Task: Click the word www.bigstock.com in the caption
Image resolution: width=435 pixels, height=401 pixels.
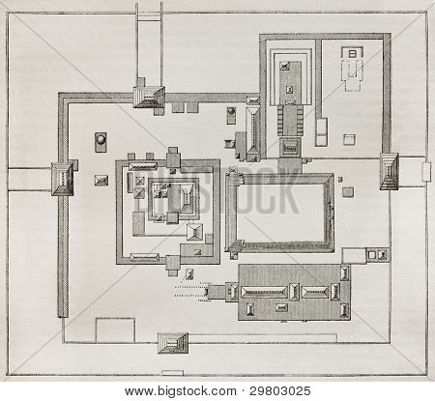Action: click(x=181, y=391)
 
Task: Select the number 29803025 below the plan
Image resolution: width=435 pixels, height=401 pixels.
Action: click(x=280, y=391)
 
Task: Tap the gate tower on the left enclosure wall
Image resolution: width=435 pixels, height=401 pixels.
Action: click(x=63, y=179)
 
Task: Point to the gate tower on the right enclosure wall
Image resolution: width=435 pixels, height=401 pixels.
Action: click(x=390, y=171)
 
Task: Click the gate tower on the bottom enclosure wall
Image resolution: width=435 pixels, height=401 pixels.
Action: click(x=173, y=343)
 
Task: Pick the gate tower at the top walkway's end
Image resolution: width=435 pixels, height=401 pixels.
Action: click(x=149, y=97)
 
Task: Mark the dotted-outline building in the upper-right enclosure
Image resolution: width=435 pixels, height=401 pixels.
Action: click(x=353, y=69)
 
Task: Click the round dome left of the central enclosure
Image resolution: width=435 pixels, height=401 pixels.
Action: click(x=101, y=142)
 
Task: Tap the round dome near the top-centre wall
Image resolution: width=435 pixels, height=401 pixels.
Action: click(x=231, y=115)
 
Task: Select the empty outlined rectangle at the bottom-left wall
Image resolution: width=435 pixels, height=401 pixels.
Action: click(x=115, y=330)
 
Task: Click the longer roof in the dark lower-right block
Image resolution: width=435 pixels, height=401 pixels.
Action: click(x=264, y=292)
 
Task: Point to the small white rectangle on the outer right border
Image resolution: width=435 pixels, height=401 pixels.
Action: click(x=426, y=171)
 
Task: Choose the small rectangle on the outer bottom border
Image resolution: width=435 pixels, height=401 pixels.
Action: click(x=173, y=373)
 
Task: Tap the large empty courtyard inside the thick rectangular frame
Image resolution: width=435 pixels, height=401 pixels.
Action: click(x=280, y=213)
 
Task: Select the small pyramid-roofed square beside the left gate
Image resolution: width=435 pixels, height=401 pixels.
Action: click(x=101, y=180)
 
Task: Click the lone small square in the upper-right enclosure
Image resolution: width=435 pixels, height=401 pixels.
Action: click(x=349, y=139)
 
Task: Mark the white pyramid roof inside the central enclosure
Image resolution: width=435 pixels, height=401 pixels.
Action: click(x=195, y=232)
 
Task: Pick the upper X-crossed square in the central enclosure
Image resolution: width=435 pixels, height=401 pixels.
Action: click(x=139, y=181)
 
